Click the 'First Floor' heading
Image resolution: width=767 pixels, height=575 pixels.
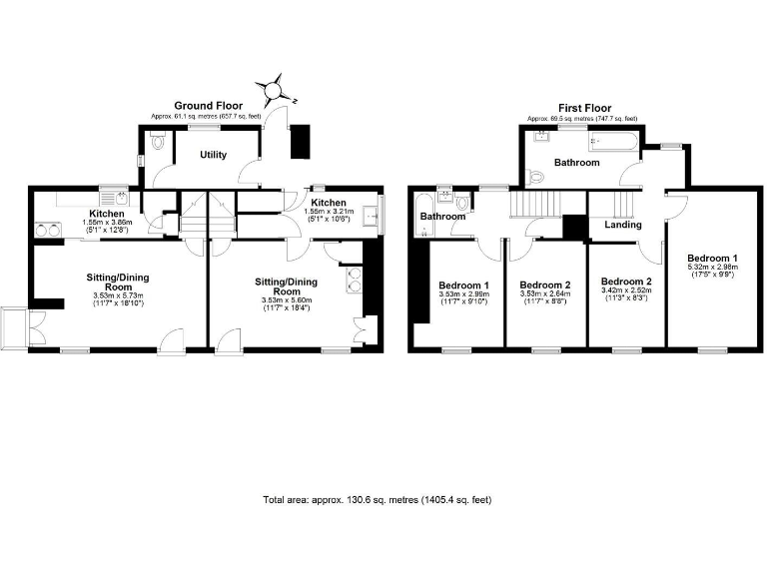pos(584,108)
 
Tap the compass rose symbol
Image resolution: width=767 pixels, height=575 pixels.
pos(272,90)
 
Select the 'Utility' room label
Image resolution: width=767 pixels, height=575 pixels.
pos(213,155)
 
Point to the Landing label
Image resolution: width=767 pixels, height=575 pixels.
pos(624,225)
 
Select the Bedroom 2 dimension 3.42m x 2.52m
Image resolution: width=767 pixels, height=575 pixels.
pos(626,292)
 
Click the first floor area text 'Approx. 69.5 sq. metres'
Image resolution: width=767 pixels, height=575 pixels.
pos(584,119)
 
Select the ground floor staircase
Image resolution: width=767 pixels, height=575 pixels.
pos(204,214)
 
